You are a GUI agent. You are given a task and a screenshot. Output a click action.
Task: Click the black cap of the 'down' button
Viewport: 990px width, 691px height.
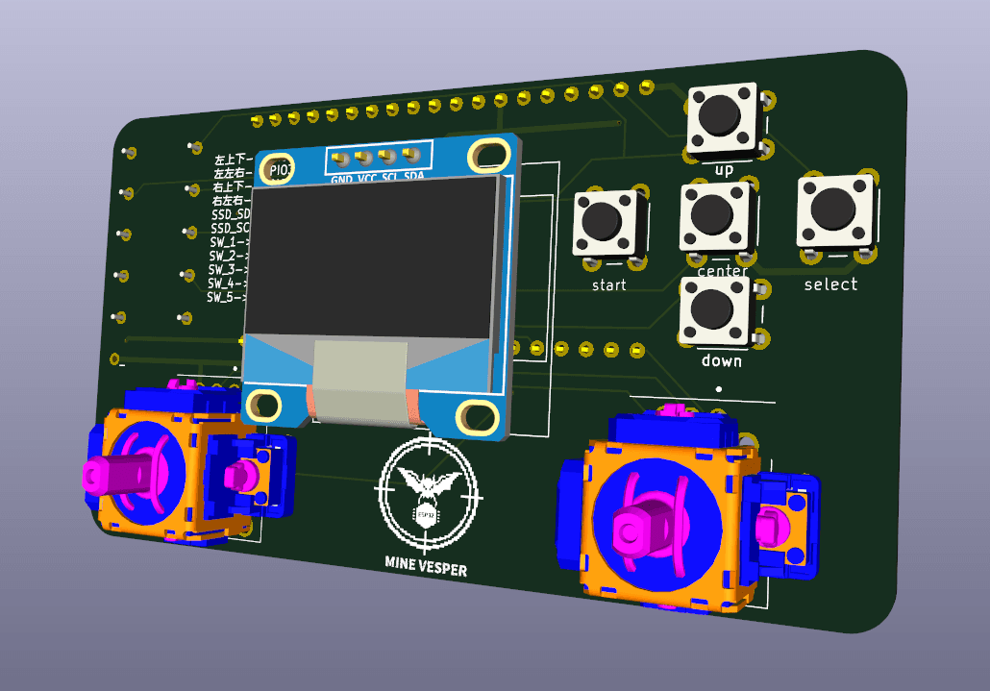click(x=712, y=308)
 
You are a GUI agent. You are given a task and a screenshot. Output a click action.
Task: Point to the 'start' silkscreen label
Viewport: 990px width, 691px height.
click(x=608, y=285)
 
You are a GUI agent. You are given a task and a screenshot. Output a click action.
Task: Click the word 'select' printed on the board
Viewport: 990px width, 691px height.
click(x=830, y=284)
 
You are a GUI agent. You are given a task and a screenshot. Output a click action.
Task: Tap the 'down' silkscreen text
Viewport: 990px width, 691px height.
click(x=721, y=361)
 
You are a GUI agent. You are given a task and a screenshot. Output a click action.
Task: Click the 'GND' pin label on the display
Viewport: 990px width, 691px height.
click(x=342, y=180)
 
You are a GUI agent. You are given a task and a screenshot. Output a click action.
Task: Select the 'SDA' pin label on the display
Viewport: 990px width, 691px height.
click(x=413, y=177)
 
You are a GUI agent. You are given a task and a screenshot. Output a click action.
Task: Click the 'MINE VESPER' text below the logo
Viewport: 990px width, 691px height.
click(x=425, y=569)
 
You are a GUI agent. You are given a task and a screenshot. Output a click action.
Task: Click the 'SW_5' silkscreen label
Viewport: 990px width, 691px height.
click(x=222, y=298)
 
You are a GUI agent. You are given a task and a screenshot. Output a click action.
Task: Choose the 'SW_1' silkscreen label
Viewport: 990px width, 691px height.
click(x=223, y=243)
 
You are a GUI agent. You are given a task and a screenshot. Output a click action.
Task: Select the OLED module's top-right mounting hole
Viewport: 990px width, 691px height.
click(x=493, y=153)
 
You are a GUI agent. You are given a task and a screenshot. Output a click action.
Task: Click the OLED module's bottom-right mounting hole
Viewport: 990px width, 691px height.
click(x=476, y=416)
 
